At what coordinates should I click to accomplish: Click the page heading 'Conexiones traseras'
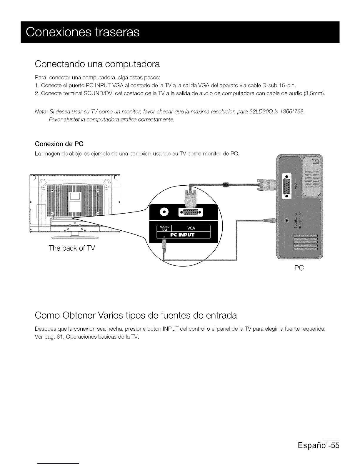[83, 32]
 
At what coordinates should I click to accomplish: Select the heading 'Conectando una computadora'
[97, 64]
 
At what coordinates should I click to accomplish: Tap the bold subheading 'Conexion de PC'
[59, 144]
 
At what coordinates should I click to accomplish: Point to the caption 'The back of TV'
[72, 248]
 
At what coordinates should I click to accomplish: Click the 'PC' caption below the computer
[299, 268]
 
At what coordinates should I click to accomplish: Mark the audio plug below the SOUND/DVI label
[164, 244]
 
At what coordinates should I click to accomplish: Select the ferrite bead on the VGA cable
[226, 185]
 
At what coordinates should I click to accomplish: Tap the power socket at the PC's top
[315, 162]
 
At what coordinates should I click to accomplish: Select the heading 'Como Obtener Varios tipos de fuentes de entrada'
[136, 315]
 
